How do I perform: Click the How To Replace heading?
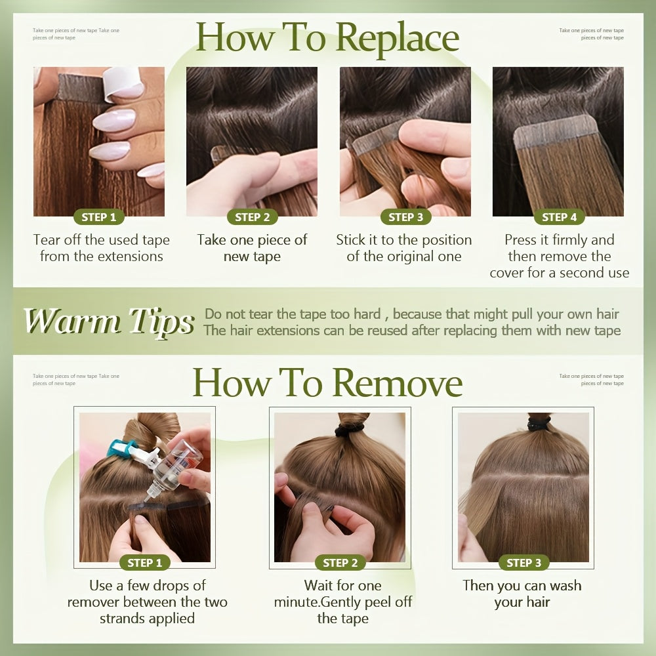[327, 37]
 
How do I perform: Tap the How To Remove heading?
[327, 383]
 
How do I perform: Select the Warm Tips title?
[109, 321]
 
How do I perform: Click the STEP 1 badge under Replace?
[99, 217]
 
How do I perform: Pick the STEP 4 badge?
[560, 217]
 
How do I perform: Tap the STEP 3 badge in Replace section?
[406, 217]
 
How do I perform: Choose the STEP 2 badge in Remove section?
[340, 563]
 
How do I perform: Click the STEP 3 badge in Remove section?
[523, 563]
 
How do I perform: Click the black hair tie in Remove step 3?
[539, 422]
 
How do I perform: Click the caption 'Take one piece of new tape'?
[252, 248]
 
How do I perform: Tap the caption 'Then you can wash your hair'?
[522, 594]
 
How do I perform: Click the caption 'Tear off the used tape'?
[101, 240]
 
